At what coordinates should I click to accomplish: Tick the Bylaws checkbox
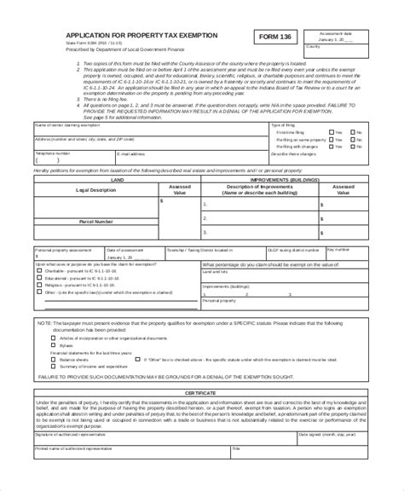click(53, 345)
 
